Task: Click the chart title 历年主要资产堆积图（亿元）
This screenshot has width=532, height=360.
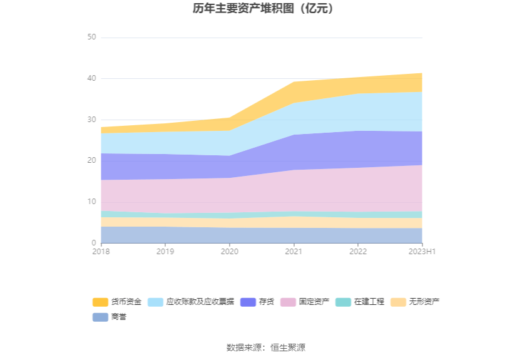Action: pos(265,9)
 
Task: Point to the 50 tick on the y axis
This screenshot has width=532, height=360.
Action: pos(91,38)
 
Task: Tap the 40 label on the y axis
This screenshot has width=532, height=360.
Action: pos(91,78)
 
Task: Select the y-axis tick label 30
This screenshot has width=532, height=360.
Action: pos(91,120)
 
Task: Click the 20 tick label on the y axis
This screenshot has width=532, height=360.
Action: pos(91,160)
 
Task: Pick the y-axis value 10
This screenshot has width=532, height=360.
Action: pos(91,202)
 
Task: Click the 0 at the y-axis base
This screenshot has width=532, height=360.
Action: pos(94,243)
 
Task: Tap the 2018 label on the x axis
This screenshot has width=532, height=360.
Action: pos(101,252)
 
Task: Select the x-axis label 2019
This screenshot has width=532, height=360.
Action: pos(165,252)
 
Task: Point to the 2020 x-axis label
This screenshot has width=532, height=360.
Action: pos(229,252)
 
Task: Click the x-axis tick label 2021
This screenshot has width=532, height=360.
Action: pos(294,252)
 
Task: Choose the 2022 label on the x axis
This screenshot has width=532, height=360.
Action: pos(358,252)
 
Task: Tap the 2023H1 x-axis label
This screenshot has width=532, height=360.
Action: pos(422,252)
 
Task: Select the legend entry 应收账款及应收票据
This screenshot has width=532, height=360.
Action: pos(192,302)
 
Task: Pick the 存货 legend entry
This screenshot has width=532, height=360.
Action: pos(258,302)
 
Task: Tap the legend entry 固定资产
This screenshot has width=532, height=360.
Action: pos(305,302)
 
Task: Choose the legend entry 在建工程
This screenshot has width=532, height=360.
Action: pos(361,302)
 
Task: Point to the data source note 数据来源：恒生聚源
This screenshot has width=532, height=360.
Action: pos(265,347)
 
